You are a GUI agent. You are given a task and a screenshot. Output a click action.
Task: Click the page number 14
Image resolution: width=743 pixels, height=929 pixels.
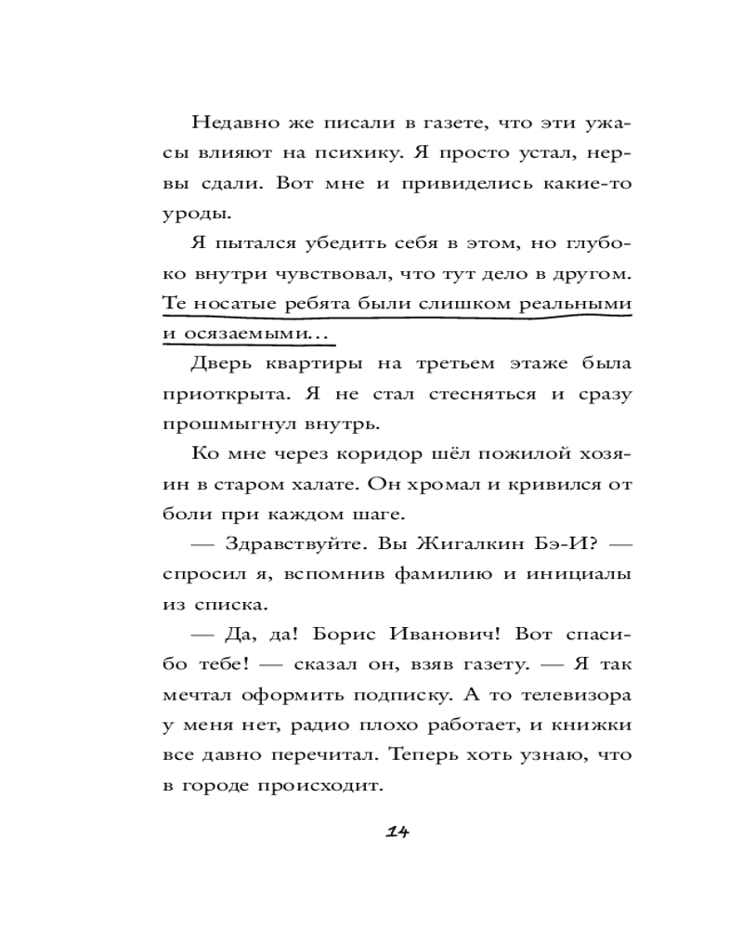[397, 831]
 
